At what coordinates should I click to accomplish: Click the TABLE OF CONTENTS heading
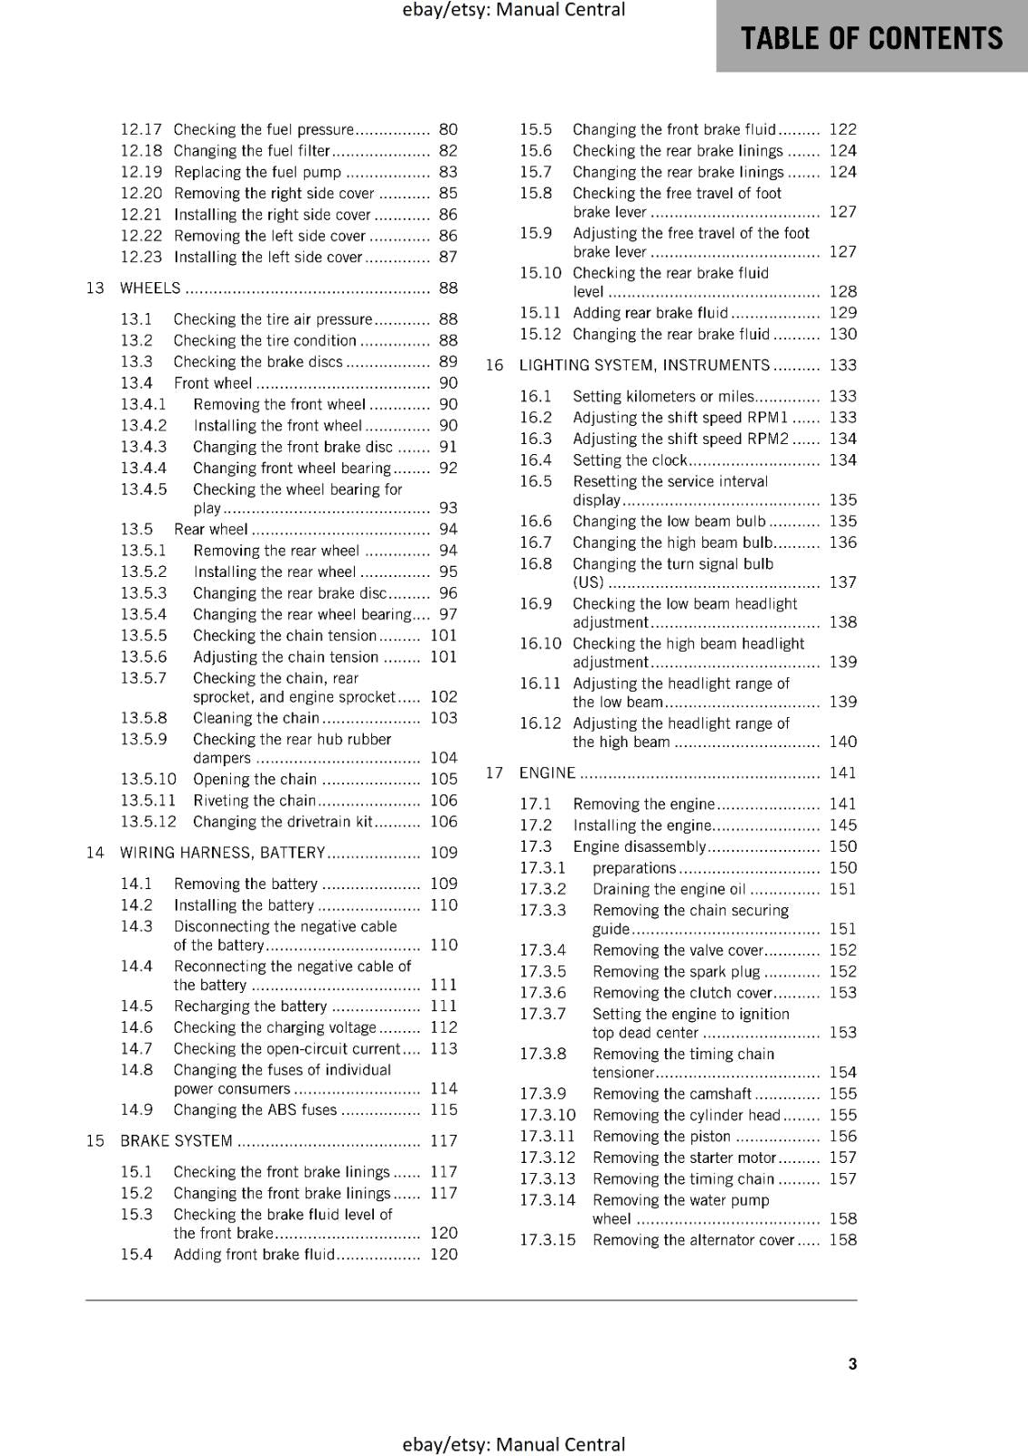(x=872, y=38)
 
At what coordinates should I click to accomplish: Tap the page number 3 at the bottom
(x=852, y=1363)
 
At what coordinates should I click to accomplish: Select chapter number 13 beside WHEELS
(x=96, y=288)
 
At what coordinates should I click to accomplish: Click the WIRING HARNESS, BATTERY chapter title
(x=222, y=853)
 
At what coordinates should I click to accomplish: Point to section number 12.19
(x=141, y=172)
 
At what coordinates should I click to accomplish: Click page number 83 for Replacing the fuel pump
(x=448, y=172)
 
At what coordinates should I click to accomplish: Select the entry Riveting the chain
(x=254, y=801)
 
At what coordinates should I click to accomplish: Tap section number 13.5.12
(x=148, y=822)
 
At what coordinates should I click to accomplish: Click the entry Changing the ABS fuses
(x=255, y=1110)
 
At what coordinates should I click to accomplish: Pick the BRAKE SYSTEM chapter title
(x=176, y=1141)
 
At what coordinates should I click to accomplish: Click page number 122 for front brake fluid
(x=842, y=129)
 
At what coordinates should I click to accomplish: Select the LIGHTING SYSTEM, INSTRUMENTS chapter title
(x=644, y=365)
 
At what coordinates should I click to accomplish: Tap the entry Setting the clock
(x=630, y=460)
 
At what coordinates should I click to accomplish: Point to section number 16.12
(x=540, y=723)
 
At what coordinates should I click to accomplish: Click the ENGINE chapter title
(x=547, y=773)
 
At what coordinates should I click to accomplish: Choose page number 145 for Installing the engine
(x=842, y=825)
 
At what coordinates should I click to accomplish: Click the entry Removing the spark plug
(x=676, y=972)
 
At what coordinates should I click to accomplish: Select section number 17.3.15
(x=548, y=1240)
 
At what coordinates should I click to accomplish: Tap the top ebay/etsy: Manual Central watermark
(x=513, y=10)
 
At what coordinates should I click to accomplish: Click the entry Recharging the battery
(x=250, y=1006)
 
